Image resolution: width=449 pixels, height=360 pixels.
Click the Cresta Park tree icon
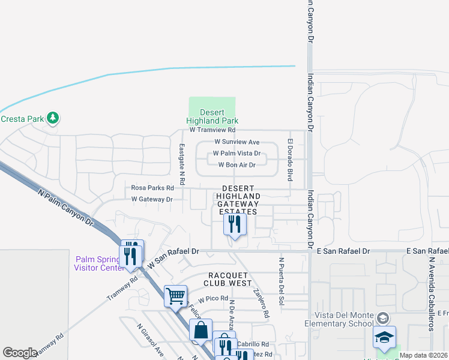point(53,118)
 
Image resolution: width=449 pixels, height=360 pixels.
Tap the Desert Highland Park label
point(212,116)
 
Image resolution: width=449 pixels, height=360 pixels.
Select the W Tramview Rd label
point(212,130)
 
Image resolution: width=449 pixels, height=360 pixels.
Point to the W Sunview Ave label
point(237,142)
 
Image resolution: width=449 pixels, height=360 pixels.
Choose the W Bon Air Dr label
point(237,165)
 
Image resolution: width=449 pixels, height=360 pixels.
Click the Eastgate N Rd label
point(182,163)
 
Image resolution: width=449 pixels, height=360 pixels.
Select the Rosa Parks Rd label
point(152,188)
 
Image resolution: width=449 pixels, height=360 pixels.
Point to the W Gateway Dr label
point(152,199)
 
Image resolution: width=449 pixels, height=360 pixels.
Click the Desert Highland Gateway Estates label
point(238,200)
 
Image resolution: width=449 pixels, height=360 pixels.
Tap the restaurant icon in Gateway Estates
point(235,224)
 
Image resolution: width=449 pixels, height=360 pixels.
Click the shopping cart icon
point(175,295)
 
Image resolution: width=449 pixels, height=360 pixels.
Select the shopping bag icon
point(200,329)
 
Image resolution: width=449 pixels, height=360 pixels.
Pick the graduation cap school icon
point(384,337)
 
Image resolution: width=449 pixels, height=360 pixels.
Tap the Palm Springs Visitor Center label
point(99,263)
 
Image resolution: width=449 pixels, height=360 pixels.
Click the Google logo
point(20,353)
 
